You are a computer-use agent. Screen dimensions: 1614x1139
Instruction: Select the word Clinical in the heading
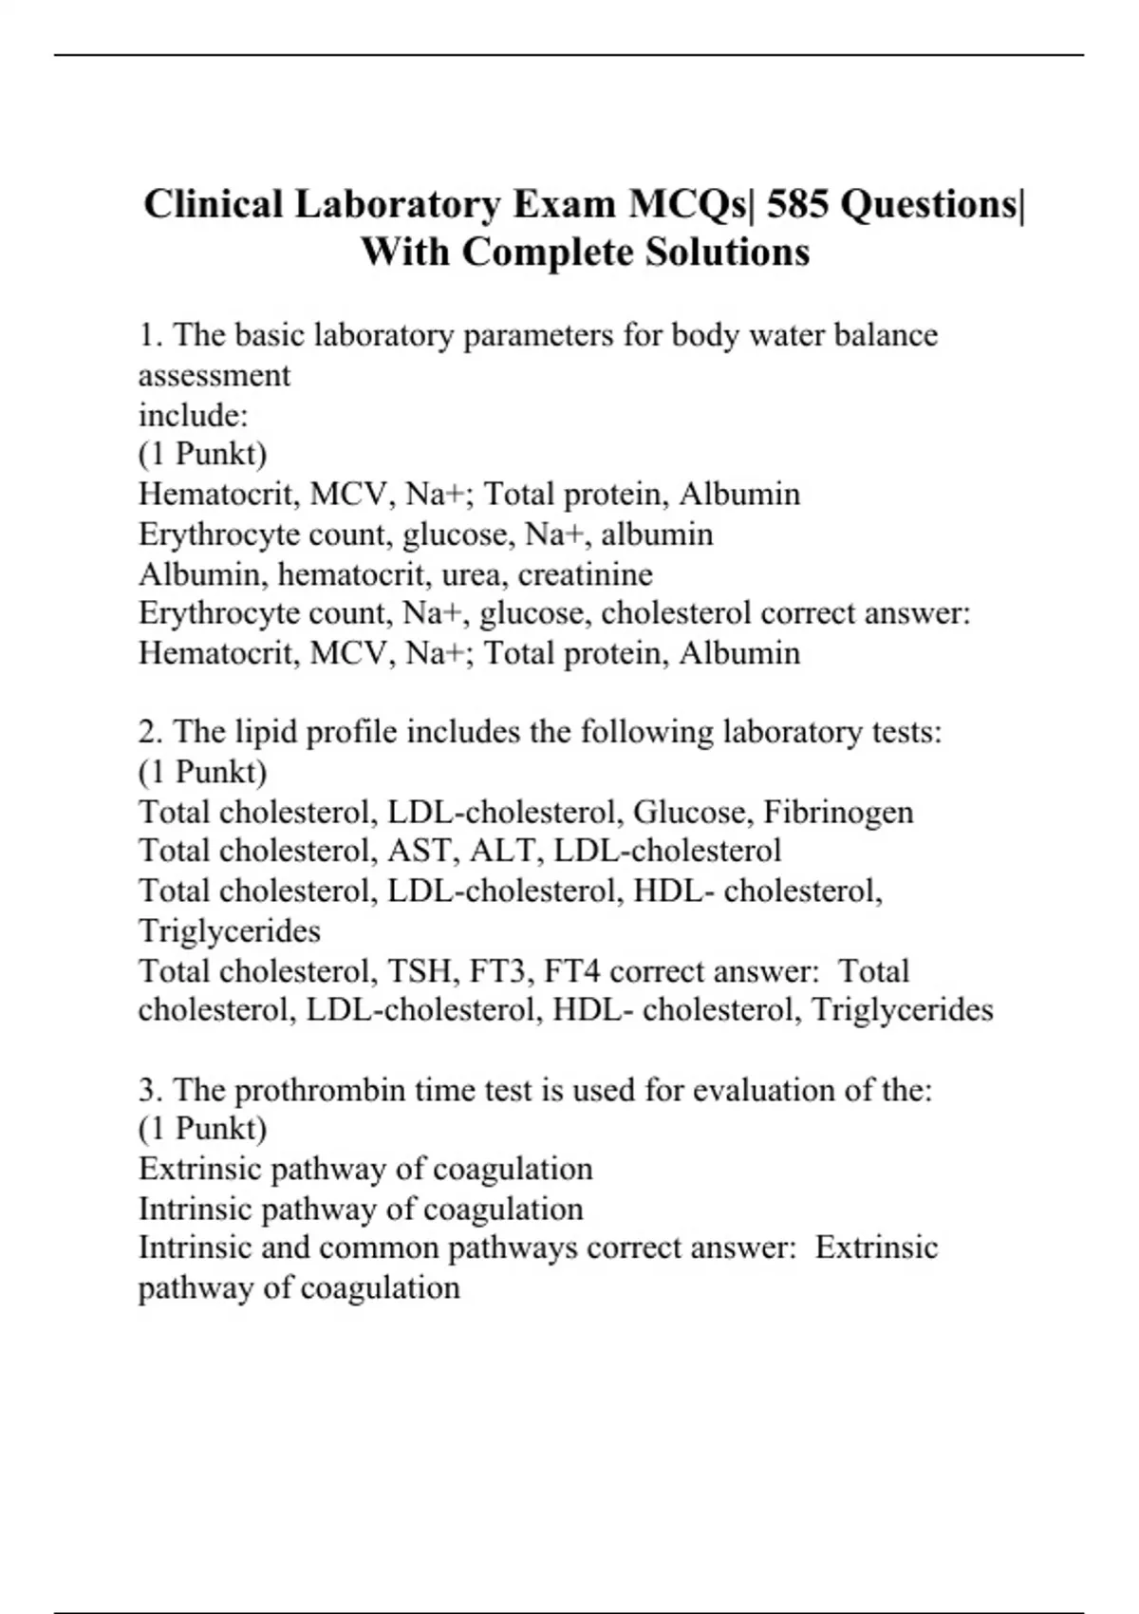214,205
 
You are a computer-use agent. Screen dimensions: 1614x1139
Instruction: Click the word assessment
215,375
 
